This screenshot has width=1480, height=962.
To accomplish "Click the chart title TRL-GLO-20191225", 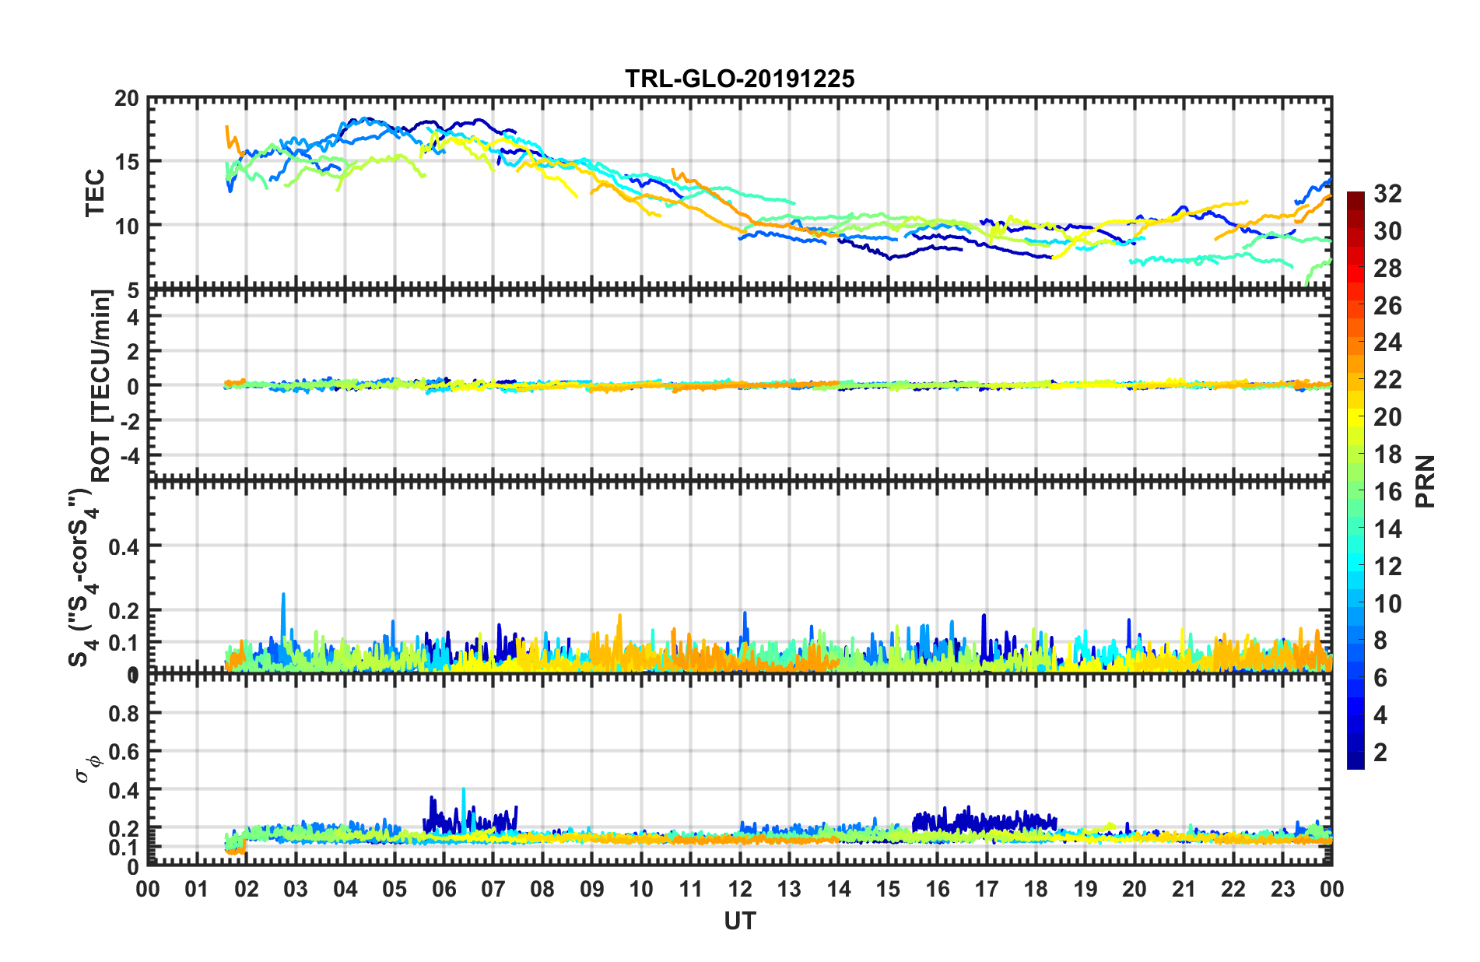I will tap(739, 79).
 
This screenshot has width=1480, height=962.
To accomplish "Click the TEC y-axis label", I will tap(95, 193).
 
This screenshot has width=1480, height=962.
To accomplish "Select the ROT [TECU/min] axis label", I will tap(101, 385).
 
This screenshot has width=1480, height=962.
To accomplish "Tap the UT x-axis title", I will tap(739, 922).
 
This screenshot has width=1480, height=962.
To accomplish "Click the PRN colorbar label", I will tap(1426, 482).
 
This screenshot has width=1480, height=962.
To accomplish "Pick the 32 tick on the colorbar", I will tap(1387, 194).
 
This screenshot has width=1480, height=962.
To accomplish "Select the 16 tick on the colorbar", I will tap(1387, 492).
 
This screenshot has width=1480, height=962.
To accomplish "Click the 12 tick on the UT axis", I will tap(740, 889).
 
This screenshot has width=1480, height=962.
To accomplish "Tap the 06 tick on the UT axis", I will tap(444, 889).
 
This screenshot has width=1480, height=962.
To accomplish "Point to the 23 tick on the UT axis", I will tap(1282, 889).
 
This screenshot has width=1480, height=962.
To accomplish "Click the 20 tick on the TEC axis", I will tap(127, 99).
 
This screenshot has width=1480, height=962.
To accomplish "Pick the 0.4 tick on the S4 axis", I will tap(125, 546).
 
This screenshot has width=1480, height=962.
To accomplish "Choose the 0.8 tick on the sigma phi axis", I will tap(125, 714).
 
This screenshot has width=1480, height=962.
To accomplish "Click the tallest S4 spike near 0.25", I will tap(283, 595).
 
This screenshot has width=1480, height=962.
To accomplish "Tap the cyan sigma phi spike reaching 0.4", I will tap(464, 790).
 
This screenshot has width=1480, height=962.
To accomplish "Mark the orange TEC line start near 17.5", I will tap(226, 126).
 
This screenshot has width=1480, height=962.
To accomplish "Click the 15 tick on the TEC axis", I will tap(127, 162).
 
